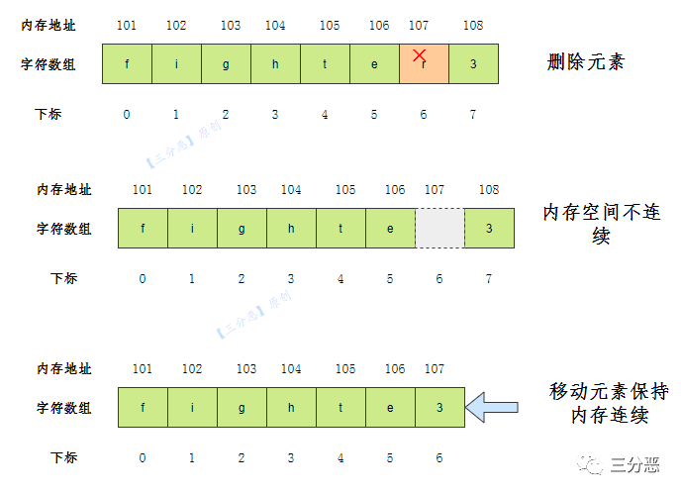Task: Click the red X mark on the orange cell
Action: click(x=420, y=55)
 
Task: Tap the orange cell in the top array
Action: click(x=424, y=64)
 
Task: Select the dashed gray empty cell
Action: click(x=439, y=229)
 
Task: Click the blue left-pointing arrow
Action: click(x=492, y=407)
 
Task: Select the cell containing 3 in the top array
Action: click(x=473, y=64)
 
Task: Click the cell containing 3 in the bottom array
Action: click(x=439, y=408)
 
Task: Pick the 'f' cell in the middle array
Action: click(x=143, y=229)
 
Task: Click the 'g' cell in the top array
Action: click(x=226, y=64)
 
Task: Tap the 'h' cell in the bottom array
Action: click(x=291, y=408)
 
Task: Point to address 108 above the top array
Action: click(x=473, y=25)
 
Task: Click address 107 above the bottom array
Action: click(x=435, y=368)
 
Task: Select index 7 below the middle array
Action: click(x=489, y=278)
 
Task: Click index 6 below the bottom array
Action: click(x=439, y=457)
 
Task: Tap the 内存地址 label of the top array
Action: click(x=49, y=25)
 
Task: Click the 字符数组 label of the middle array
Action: click(x=64, y=229)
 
